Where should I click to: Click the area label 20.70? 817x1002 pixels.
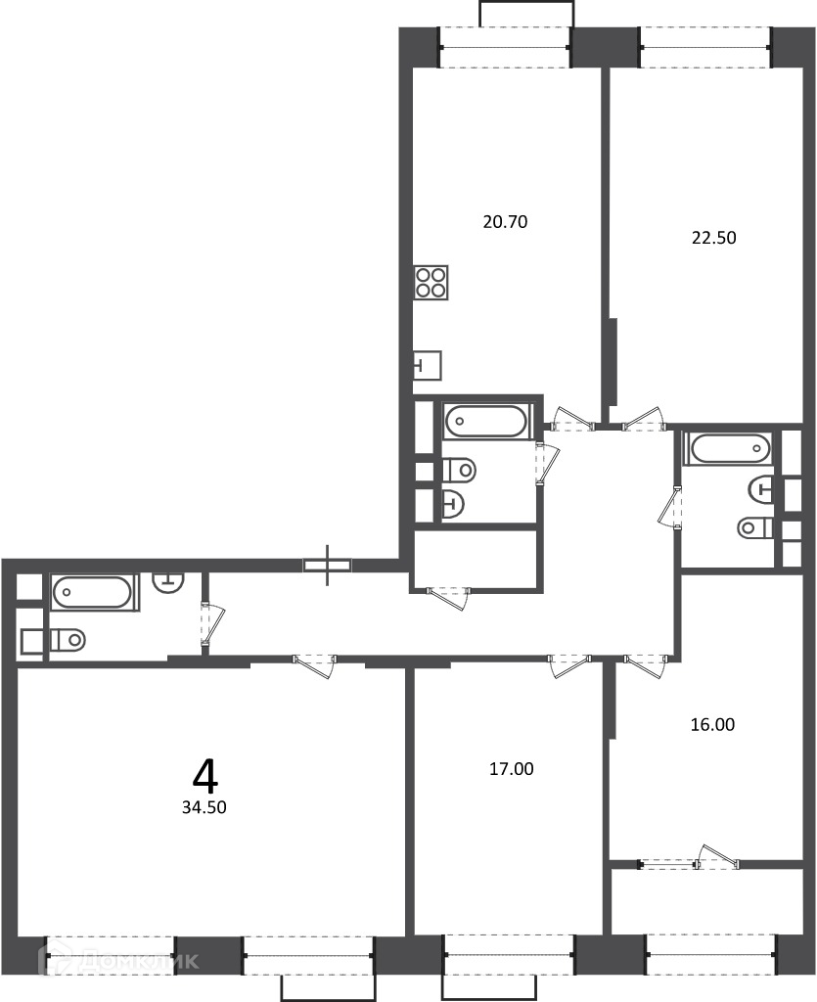pyautogui.click(x=505, y=222)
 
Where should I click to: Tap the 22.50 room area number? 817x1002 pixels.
pyautogui.click(x=713, y=238)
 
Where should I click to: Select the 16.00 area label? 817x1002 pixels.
pyautogui.click(x=712, y=725)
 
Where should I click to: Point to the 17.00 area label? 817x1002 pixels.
pyautogui.click(x=511, y=769)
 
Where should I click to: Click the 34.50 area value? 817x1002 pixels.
pyautogui.click(x=204, y=807)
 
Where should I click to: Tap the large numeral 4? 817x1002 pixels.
pyautogui.click(x=205, y=775)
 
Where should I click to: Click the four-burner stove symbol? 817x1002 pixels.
pyautogui.click(x=431, y=283)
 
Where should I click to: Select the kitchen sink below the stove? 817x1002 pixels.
pyautogui.click(x=428, y=366)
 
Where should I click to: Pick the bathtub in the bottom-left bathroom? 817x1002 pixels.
pyautogui.click(x=94, y=592)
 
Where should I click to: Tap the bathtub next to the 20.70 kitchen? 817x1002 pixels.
pyautogui.click(x=485, y=421)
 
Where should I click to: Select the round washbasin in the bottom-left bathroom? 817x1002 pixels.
pyautogui.click(x=168, y=583)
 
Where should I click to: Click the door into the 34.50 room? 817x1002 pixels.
pyautogui.click(x=314, y=665)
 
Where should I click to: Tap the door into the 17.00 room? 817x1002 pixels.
pyautogui.click(x=569, y=665)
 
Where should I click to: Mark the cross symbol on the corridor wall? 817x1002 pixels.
pyautogui.click(x=328, y=565)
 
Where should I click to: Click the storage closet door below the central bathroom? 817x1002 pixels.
pyautogui.click(x=449, y=598)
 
